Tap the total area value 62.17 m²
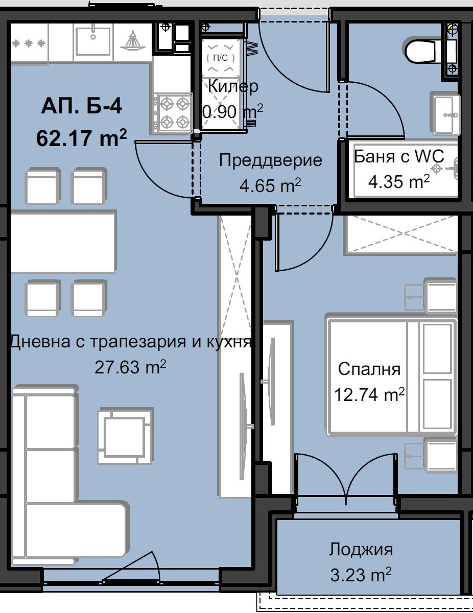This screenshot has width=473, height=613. coord(81,137)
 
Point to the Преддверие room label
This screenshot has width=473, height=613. coord(270,160)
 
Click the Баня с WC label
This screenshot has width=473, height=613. coord(399,156)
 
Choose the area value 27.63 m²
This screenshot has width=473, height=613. coord(131,367)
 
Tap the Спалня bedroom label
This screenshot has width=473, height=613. coord(369,369)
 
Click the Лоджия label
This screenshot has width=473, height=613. coord(361,550)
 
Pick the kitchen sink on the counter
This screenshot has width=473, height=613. coord(93,41)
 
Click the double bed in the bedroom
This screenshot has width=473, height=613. coord(391,376)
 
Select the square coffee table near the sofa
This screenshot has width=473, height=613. coord(125,435)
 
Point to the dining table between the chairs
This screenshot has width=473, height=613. coord(63,242)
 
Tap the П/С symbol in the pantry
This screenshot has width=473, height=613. coord(220,58)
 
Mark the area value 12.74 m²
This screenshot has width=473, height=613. coord(369,394)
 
